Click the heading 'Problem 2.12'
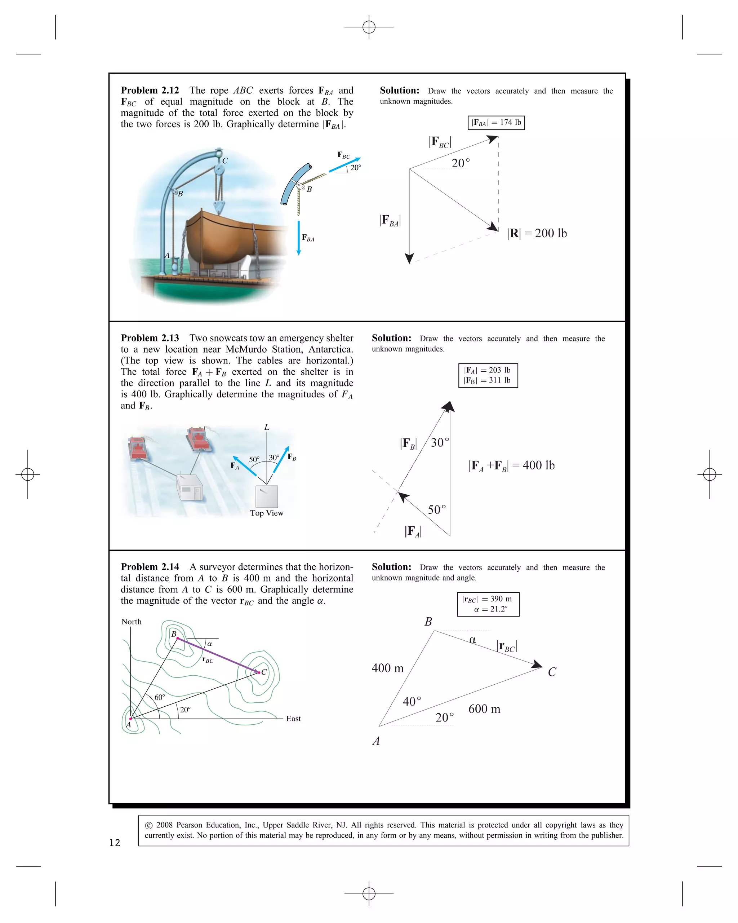(x=150, y=90)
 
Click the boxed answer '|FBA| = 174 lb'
(x=496, y=123)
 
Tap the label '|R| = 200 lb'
(x=537, y=233)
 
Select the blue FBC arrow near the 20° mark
(x=344, y=165)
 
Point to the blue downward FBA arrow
(x=299, y=238)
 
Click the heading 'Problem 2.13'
(x=150, y=338)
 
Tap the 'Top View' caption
(x=267, y=513)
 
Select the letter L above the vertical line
(x=267, y=427)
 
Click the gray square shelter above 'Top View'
(x=267, y=496)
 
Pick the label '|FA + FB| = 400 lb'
(x=511, y=465)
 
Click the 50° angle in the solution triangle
(x=436, y=509)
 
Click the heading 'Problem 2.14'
(x=150, y=567)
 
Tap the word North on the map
(x=131, y=622)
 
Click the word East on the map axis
(x=293, y=719)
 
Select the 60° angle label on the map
(x=160, y=697)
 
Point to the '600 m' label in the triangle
(x=484, y=709)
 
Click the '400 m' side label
(x=387, y=668)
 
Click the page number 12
(x=115, y=843)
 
